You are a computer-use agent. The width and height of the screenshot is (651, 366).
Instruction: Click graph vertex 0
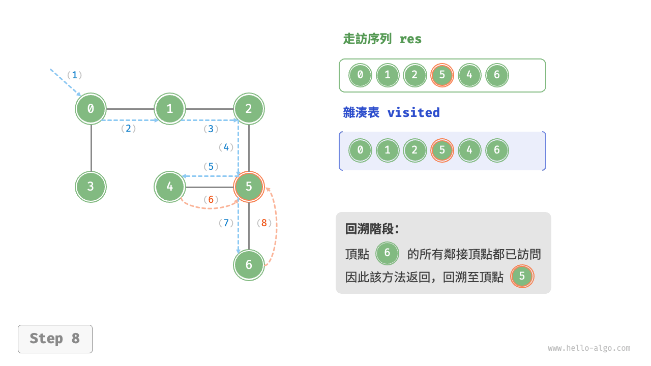pos(91,108)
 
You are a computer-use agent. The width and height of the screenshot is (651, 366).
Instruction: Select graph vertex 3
pos(91,187)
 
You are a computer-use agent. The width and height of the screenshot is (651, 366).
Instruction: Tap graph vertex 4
pos(170,187)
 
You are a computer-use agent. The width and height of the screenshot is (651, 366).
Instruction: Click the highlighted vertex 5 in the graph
pos(249,187)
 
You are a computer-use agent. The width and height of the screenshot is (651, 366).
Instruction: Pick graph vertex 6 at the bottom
pos(249,265)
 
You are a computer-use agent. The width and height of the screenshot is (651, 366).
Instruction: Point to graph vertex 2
pos(249,108)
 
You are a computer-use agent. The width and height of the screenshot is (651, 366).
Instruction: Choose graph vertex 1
pos(170,108)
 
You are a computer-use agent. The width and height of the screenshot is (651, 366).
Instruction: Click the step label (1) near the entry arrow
pos(74,75)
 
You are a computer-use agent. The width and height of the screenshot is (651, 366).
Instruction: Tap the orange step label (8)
pos(264,223)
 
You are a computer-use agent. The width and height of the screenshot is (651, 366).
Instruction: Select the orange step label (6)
pos(211,200)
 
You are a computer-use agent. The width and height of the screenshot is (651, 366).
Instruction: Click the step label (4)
pos(226,147)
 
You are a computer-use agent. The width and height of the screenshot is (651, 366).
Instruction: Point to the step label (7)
pos(226,223)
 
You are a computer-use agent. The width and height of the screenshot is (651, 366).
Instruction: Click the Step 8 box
pos(55,339)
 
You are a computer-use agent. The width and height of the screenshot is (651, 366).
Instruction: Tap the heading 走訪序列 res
pos(382,39)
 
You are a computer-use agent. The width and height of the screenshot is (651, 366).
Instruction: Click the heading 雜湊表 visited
pos(391,112)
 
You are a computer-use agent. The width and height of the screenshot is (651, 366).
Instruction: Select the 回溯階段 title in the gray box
pos(372,229)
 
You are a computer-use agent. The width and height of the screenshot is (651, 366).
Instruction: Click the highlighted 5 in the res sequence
pos(442,75)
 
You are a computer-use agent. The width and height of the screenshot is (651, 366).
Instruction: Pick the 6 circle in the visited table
pos(496,150)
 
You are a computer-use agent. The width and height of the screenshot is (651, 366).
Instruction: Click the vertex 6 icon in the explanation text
pos(388,253)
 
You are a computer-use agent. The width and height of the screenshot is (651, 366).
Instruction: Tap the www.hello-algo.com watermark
pos(588,348)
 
